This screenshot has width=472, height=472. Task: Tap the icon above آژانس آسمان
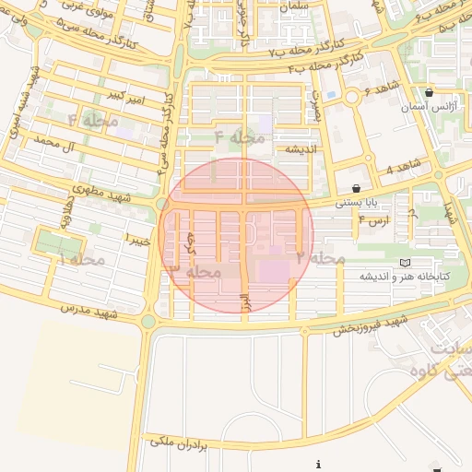pyautogui.click(x=430, y=93)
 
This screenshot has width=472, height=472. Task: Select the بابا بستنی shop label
pyautogui.click(x=353, y=202)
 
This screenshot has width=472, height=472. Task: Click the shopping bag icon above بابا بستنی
pyautogui.click(x=356, y=188)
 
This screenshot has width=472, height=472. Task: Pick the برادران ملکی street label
pyautogui.click(x=179, y=442)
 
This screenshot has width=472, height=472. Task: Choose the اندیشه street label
pyautogui.click(x=301, y=148)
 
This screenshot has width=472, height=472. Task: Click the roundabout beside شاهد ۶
pyautogui.click(x=352, y=97)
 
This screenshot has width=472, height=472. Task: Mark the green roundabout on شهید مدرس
pyautogui.click(x=148, y=322)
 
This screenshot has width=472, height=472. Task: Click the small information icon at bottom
pyautogui.click(x=318, y=465)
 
